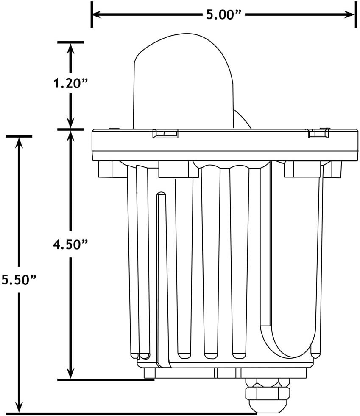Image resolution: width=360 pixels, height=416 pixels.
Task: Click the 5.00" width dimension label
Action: pos(223,15)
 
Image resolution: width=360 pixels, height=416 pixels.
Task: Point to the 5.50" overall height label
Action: pos(18,280)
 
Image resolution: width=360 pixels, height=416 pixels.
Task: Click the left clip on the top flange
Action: pos(165,134)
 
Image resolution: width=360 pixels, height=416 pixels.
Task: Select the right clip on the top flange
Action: pos(318,133)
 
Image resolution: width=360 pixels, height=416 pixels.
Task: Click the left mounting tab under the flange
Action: pos(106,169)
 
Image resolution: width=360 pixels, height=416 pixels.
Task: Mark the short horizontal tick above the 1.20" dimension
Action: pos(70,42)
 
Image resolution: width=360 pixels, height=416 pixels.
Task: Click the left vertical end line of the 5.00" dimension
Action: pos(92,14)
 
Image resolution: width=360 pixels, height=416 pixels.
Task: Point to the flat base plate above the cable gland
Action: pos(225,373)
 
